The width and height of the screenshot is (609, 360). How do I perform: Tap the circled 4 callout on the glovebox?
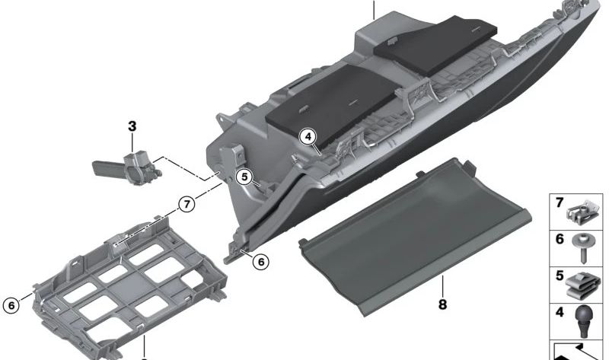tap(308, 137)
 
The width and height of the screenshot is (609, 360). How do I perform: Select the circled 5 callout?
tap(244, 177)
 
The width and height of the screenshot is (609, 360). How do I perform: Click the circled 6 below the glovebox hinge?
tap(260, 262)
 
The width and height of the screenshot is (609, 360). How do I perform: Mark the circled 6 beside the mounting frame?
tap(11, 305)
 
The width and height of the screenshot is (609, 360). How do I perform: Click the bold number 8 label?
tap(442, 304)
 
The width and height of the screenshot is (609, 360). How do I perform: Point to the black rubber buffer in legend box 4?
tap(585, 320)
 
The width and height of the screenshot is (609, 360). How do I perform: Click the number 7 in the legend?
tap(559, 203)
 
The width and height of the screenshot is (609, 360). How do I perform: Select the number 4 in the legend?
tap(559, 312)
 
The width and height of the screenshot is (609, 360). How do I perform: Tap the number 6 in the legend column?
tap(559, 240)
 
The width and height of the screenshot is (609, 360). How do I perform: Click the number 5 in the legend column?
tap(559, 276)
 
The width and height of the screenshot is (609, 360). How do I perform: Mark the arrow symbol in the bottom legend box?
tap(579, 351)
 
